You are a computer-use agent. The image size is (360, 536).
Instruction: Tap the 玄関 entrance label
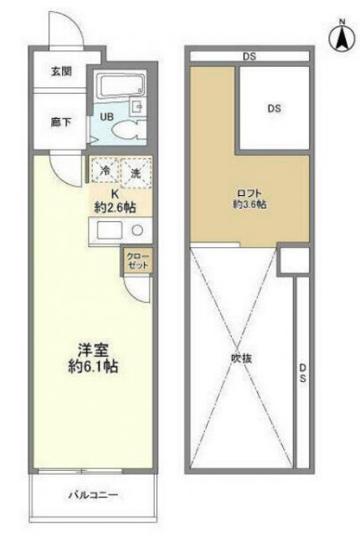point(61,71)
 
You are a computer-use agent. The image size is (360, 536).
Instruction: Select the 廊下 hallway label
point(60,122)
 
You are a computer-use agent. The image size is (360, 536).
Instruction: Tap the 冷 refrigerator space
point(106,172)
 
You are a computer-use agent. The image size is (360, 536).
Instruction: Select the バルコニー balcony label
point(91,495)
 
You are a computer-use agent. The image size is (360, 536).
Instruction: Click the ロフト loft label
point(246,192)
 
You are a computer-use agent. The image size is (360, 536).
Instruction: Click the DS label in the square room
point(274,108)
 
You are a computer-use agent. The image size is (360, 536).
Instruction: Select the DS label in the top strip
point(249,56)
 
